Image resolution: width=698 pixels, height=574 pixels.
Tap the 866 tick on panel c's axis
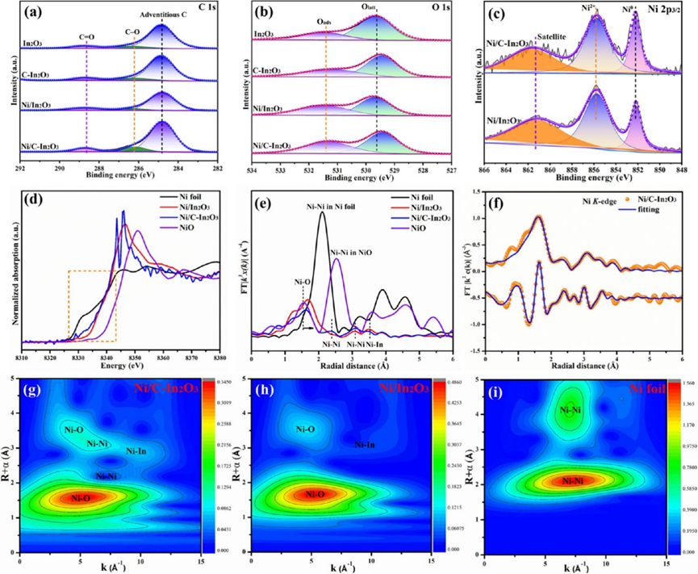(x=484, y=169)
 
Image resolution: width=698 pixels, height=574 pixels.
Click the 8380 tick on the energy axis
(x=219, y=356)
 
